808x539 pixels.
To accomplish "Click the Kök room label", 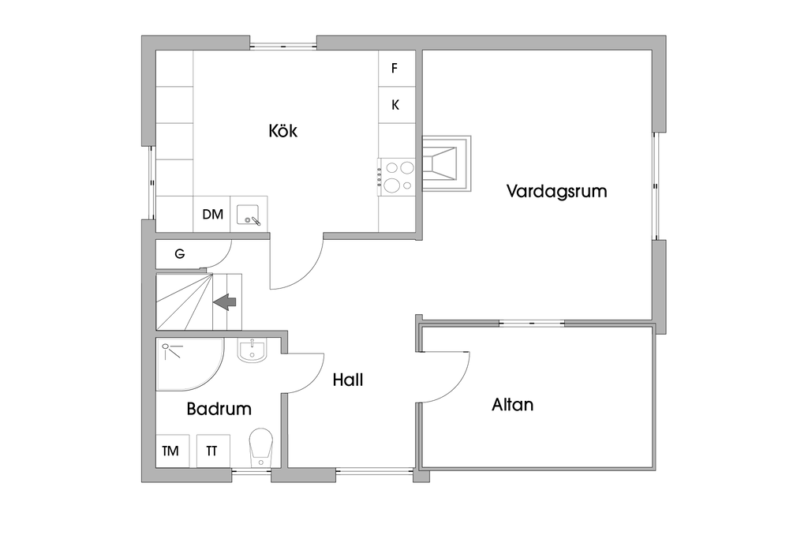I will (282, 131).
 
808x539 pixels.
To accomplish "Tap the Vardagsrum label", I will (556, 191).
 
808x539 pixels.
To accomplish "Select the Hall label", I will (347, 380).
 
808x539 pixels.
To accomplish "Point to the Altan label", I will (512, 405).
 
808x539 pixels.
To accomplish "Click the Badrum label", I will (219, 409).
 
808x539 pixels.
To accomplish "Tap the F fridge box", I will (395, 68).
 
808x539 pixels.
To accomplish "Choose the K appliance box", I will (395, 105).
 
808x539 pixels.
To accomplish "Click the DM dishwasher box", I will (212, 214).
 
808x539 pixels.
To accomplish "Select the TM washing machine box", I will (170, 451).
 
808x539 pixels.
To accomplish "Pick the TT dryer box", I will (211, 451).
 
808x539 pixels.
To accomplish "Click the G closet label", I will (180, 254).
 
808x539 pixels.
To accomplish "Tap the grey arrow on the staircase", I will (226, 301).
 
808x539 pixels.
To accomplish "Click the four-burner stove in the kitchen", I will (398, 176).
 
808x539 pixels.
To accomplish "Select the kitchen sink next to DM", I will (249, 215).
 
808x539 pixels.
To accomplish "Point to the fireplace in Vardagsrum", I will (445, 163).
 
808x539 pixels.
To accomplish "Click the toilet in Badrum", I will (260, 447).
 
